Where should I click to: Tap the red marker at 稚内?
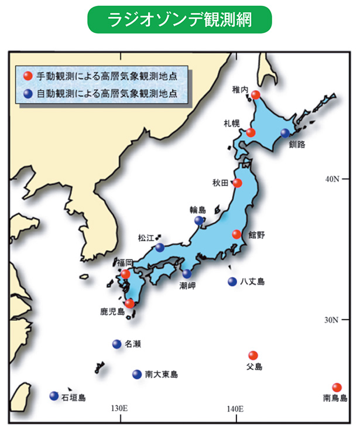coord(256,95)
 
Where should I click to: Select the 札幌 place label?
coord(231,124)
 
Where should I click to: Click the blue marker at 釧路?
coord(285,133)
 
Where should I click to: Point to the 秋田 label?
coord(222,183)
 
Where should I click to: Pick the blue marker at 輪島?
coord(199,220)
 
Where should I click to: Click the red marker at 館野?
coord(236,234)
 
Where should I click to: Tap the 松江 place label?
coord(146,238)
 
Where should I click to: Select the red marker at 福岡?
coord(125,274)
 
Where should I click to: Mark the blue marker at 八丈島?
coord(232,281)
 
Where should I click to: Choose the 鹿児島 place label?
coord(112,311)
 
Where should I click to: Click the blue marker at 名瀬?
coord(116,344)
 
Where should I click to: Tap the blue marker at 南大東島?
coord(137,374)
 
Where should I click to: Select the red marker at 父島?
coord(253,355)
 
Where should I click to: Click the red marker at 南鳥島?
coord(337,387)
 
